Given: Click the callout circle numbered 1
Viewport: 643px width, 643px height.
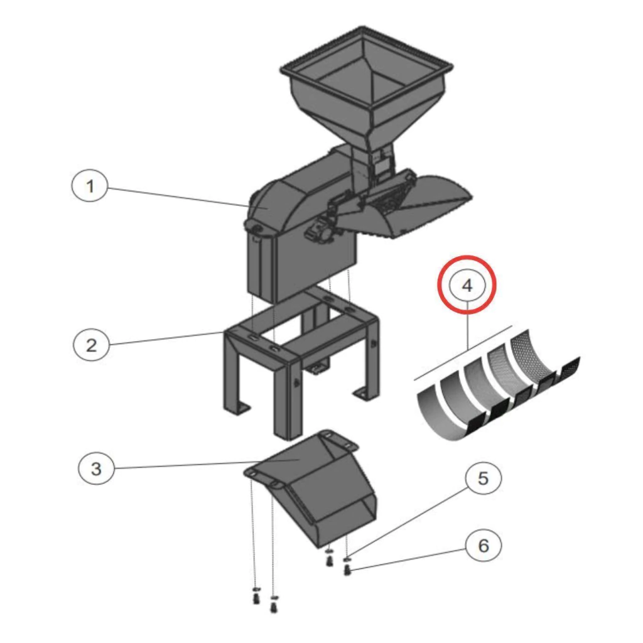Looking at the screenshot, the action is [90, 186].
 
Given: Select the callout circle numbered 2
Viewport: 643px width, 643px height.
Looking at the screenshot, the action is [92, 345].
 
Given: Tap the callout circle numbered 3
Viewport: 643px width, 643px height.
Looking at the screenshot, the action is [96, 468].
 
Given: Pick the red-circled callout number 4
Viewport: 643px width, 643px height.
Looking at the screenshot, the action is [467, 284].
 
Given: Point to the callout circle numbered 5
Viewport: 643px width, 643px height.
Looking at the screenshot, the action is [484, 478].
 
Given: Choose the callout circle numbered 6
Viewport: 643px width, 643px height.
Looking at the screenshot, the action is [484, 546].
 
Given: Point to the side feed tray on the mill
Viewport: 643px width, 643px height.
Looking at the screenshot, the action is [406, 207].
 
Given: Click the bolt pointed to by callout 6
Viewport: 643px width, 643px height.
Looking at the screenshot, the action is [348, 570].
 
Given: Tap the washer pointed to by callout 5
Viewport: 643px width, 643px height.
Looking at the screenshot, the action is [347, 559].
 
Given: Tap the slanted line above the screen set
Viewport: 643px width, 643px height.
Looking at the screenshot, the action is [463, 353].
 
